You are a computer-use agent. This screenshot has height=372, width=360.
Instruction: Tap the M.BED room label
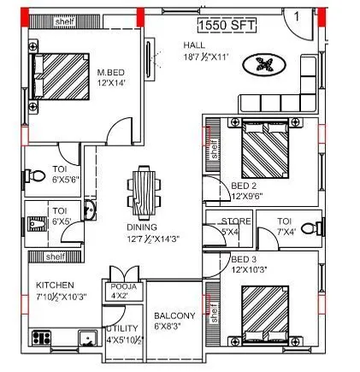click(x=112, y=73)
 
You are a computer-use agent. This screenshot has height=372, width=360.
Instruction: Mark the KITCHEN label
click(x=54, y=285)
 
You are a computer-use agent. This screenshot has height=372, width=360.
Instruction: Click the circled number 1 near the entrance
click(x=295, y=15)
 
